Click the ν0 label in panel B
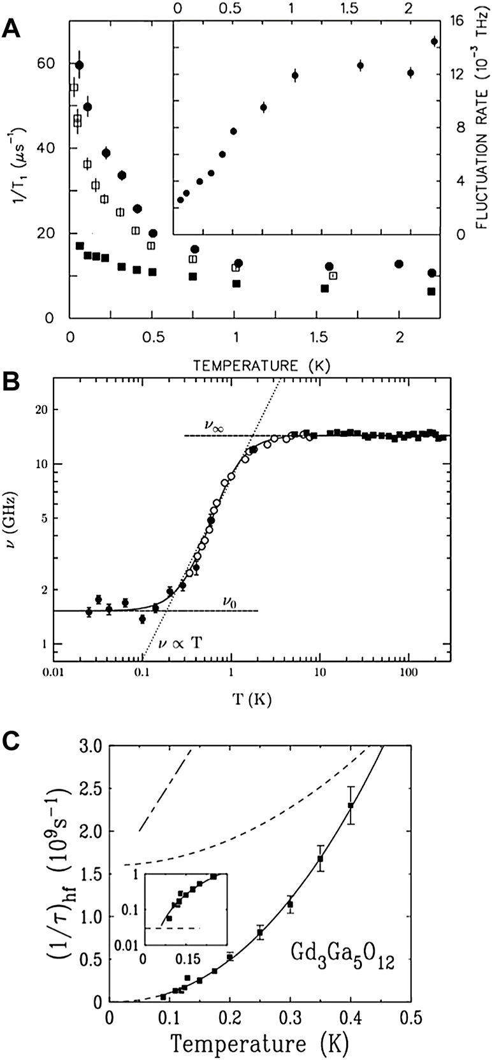[230, 600]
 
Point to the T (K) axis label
[252, 700]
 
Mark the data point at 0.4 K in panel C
[351, 806]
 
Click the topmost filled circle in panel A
[79, 65]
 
